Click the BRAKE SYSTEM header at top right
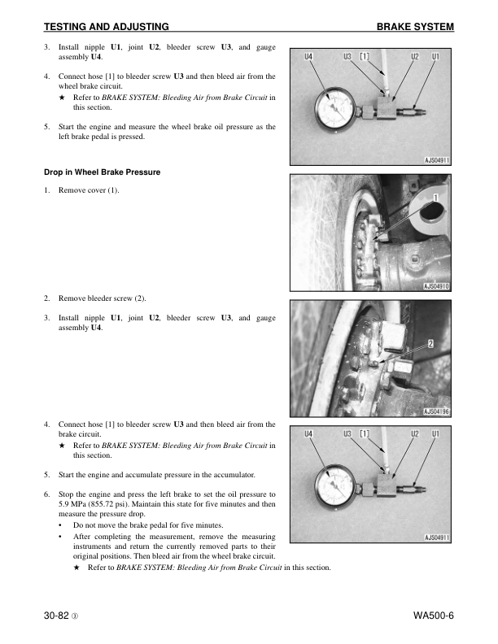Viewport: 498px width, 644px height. pos(415,28)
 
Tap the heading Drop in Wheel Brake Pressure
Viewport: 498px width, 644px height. pos(102,172)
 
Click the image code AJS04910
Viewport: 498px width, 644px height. pos(437,286)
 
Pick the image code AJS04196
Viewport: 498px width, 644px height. pos(437,411)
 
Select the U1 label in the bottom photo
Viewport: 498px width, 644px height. pos(435,433)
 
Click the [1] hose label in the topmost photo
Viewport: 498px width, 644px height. pos(365,57)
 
